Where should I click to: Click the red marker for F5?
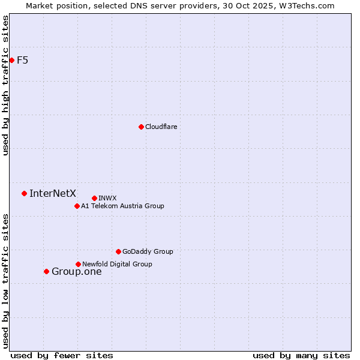pos(11,60)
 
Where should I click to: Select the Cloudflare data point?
pos(141,127)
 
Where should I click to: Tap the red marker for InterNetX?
pos(24,193)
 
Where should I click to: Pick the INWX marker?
pos(94,198)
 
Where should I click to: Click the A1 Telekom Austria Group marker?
pos(77,206)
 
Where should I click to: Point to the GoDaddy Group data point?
pos(118,251)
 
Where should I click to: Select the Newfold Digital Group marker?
pos(78,264)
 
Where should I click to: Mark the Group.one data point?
pos(46,271)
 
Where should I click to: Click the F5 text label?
pos(23,60)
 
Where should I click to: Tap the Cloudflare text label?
pos(161,127)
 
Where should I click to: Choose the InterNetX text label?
pos(53,193)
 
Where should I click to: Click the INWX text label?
pos(107,198)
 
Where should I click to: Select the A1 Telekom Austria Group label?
pos(122,206)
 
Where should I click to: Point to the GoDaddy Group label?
pos(148,251)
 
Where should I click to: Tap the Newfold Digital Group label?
pos(117,264)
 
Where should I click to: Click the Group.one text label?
pos(77,272)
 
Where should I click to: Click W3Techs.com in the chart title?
pos(305,5)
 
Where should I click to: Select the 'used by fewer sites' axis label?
pos(62,355)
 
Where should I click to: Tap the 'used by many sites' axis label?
pos(301,355)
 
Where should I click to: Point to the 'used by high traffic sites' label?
pos(5,85)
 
